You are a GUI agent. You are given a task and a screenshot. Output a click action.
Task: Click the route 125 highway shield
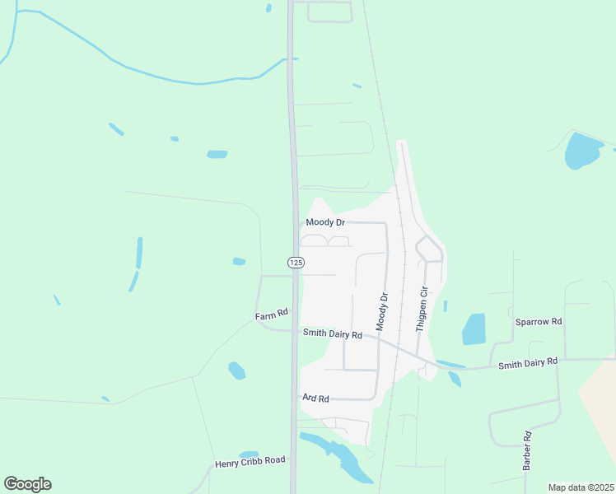pyautogui.click(x=296, y=262)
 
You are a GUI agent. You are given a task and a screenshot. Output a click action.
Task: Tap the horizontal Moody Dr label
pyautogui.click(x=324, y=222)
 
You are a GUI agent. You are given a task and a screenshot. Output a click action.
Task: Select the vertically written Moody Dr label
pyautogui.click(x=382, y=307)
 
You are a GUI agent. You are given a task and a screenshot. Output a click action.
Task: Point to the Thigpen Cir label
pyautogui.click(x=422, y=309)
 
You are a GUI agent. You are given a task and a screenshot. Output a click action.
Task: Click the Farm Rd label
pyautogui.click(x=272, y=314)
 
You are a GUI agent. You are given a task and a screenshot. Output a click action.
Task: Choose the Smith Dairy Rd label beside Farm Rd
pyautogui.click(x=333, y=334)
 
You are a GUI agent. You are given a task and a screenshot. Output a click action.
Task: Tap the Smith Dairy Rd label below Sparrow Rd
pyautogui.click(x=528, y=361)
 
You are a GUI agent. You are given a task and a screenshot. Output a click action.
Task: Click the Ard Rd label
pyautogui.click(x=315, y=398)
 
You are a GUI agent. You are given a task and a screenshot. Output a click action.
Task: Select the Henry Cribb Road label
pyautogui.click(x=250, y=461)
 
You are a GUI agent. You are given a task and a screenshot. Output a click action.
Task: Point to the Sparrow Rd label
pyautogui.click(x=538, y=321)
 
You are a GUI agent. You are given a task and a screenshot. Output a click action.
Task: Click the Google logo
pyautogui.click(x=27, y=484)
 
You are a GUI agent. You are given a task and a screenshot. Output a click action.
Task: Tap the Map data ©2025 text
pyautogui.click(x=581, y=487)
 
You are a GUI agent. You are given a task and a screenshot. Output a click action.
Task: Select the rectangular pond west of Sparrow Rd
pyautogui.click(x=474, y=329)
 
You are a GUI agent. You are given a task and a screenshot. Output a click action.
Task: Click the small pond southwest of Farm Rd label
pyautogui.click(x=236, y=370)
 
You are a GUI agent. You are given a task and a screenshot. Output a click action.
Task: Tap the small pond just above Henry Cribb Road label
pyautogui.click(x=248, y=454)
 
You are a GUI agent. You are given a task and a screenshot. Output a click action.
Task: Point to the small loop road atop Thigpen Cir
pyautogui.click(x=428, y=248)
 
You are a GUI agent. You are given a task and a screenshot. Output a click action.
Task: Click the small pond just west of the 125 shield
pyautogui.click(x=239, y=262)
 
